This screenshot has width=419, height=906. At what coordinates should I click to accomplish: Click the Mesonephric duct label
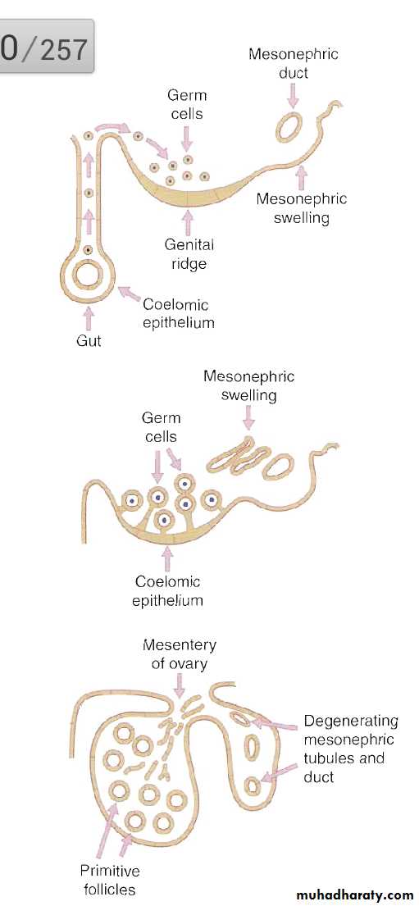coord(293,64)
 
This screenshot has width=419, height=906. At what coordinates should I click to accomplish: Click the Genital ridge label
coord(189,254)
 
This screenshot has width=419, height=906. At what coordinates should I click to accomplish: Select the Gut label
coord(89,341)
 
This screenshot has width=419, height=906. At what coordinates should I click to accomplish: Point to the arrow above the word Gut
coord(88,318)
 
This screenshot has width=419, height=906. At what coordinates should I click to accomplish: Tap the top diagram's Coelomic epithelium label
coord(177,313)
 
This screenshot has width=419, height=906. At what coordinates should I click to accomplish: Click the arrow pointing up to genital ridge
coord(187,222)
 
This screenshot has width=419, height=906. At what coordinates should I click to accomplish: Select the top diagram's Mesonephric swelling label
coord(301,208)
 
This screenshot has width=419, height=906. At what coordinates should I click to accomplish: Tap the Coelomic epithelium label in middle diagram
coord(167,590)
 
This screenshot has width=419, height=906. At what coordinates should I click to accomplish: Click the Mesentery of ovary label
coord(179,653)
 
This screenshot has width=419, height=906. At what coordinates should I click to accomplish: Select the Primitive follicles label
coord(110,878)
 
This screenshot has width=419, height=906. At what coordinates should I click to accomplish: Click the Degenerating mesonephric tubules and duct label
coord(351,748)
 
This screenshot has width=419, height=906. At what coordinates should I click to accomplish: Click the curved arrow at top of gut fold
coord(112,128)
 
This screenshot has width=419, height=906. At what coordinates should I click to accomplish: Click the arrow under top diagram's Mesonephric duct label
coord(293,96)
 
